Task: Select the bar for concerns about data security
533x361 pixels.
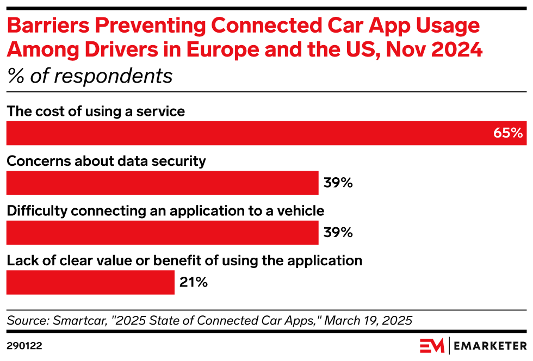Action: (x=162, y=183)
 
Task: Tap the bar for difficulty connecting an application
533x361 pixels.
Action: (x=162, y=233)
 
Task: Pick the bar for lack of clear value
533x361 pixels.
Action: (x=90, y=283)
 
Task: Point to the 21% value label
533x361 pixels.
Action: (x=193, y=283)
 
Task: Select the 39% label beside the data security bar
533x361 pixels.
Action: (x=338, y=183)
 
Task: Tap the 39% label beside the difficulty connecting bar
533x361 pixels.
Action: (x=338, y=233)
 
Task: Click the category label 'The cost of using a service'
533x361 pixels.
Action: (x=96, y=111)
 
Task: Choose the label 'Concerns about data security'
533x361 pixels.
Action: (x=106, y=161)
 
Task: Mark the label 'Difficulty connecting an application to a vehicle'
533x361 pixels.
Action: (x=165, y=211)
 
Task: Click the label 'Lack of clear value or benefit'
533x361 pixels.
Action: (x=184, y=260)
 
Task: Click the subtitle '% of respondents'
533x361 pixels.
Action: (x=90, y=76)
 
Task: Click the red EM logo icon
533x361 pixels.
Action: (x=432, y=345)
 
